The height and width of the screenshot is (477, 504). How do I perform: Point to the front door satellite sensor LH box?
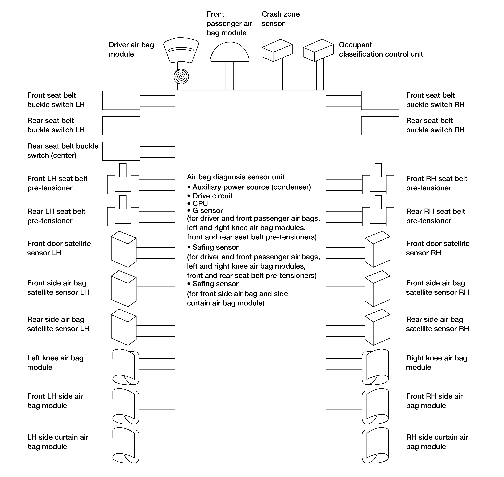[124, 249]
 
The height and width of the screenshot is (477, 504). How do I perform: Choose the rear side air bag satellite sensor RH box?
[377, 327]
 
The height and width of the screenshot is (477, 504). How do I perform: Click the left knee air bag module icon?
[126, 367]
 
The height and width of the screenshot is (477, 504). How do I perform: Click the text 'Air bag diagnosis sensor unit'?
[236, 177]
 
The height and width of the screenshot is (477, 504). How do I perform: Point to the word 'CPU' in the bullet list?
[200, 203]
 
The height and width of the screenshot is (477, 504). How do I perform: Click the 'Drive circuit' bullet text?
[212, 196]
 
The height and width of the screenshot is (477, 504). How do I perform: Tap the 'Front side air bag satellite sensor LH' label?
[58, 288]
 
